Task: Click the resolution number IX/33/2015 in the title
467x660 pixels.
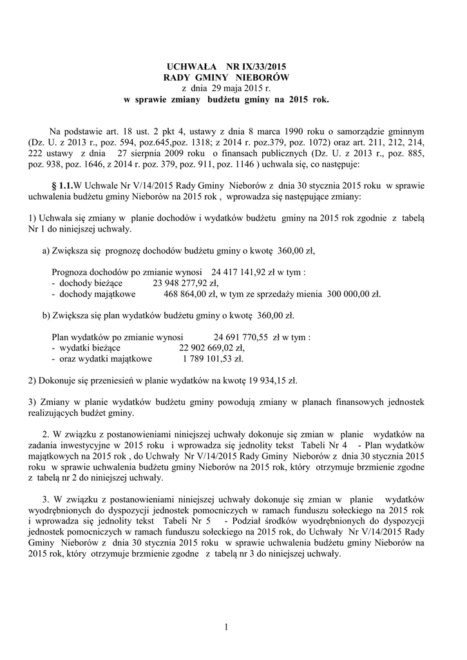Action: pyautogui.click(x=265, y=66)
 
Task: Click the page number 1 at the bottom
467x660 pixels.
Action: pyautogui.click(x=227, y=628)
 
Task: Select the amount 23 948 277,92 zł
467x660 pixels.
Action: pyautogui.click(x=186, y=282)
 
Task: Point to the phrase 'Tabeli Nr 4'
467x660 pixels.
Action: pyautogui.click(x=326, y=445)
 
